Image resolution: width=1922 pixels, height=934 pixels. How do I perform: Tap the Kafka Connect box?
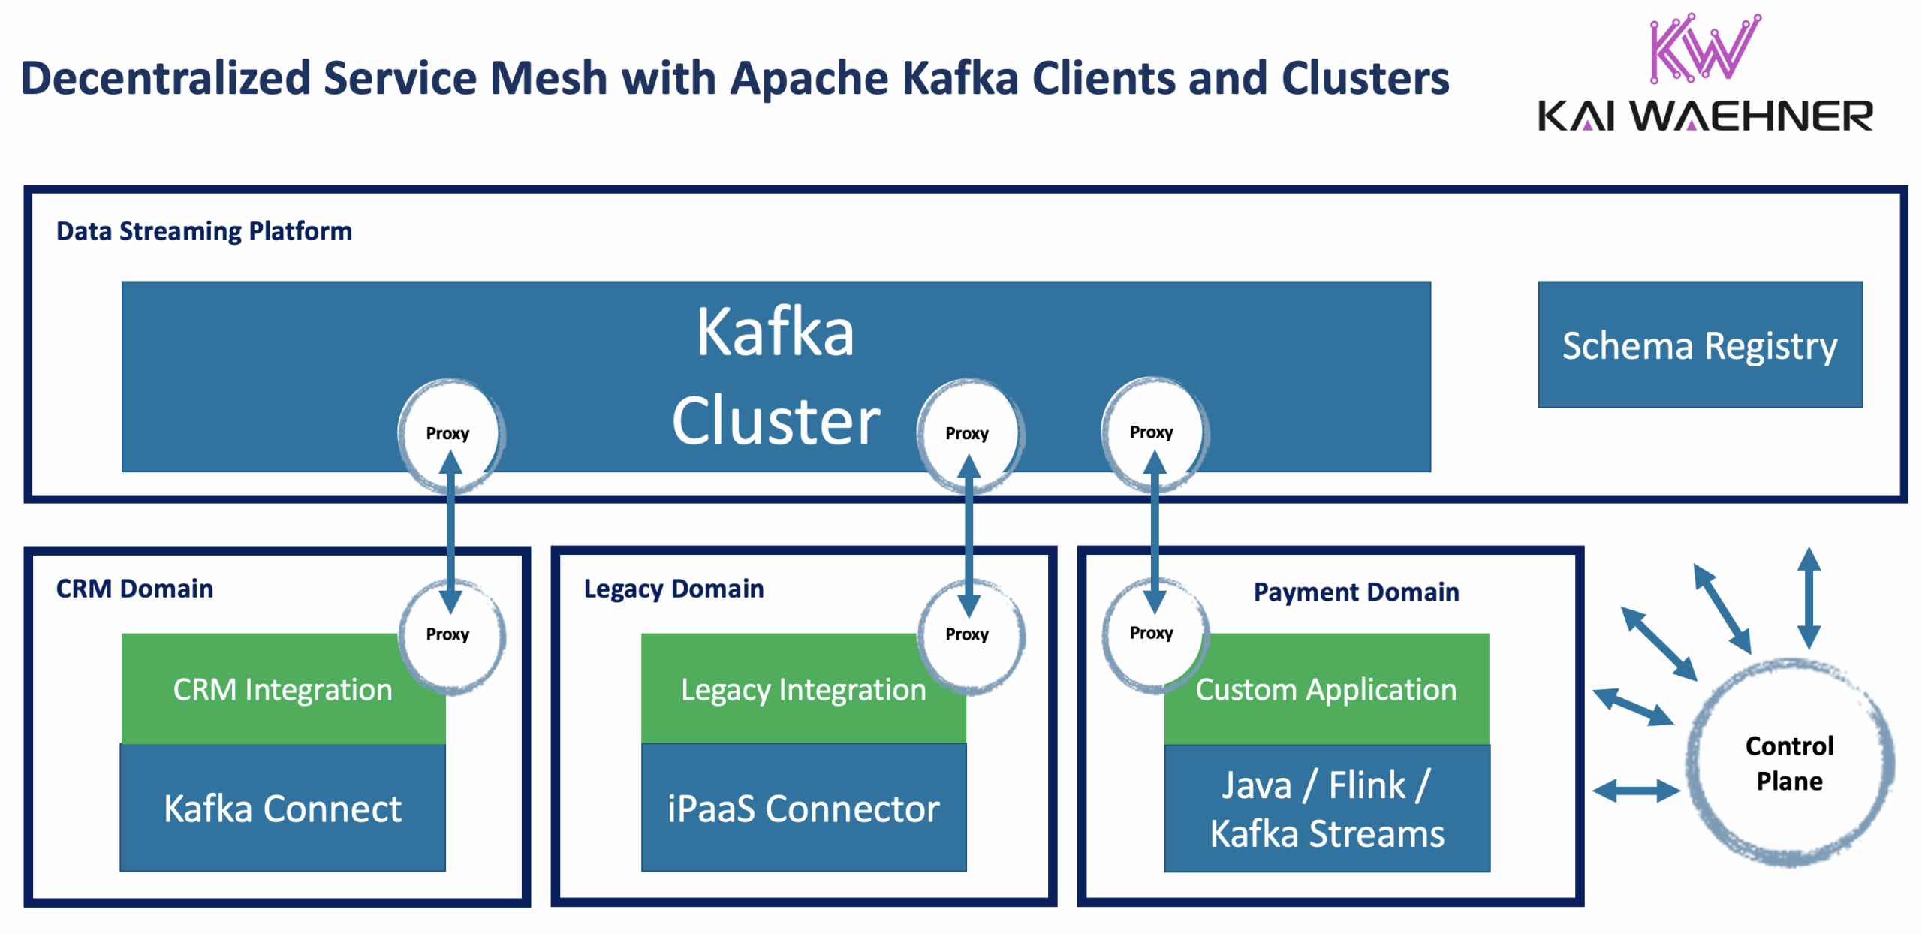click(x=282, y=807)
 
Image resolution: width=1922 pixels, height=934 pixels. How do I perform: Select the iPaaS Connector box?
click(x=803, y=807)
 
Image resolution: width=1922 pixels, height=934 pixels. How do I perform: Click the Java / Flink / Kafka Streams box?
click(x=1326, y=808)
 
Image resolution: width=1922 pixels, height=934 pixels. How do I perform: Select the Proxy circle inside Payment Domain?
click(x=1152, y=633)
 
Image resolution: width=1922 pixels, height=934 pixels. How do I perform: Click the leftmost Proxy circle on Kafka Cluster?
click(x=448, y=433)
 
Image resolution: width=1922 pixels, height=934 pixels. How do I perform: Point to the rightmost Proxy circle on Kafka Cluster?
click(x=1152, y=432)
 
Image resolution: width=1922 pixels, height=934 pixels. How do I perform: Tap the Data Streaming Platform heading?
click(x=203, y=230)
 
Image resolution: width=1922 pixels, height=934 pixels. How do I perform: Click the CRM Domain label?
click(x=134, y=588)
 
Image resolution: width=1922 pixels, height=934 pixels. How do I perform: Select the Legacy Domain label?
click(x=673, y=588)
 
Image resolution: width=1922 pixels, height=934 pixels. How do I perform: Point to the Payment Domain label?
click(x=1356, y=591)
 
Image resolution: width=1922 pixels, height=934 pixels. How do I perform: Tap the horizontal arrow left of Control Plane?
click(x=1635, y=790)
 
